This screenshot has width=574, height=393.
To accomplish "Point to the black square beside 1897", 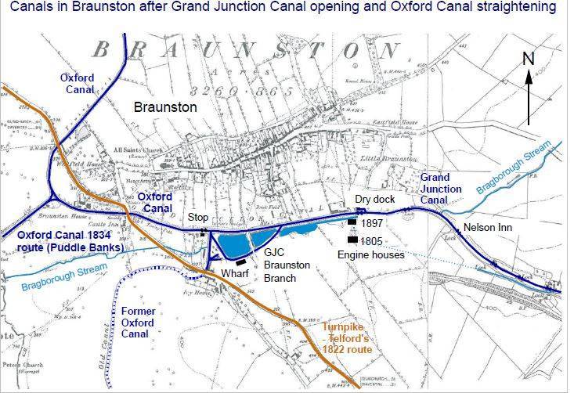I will tap(352, 223).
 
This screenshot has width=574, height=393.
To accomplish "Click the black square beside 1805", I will tap(352, 240).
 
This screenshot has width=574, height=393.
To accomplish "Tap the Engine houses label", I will tap(371, 254).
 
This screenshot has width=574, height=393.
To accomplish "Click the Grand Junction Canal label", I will tap(442, 189).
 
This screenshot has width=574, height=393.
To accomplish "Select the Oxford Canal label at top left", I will tap(77, 84).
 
